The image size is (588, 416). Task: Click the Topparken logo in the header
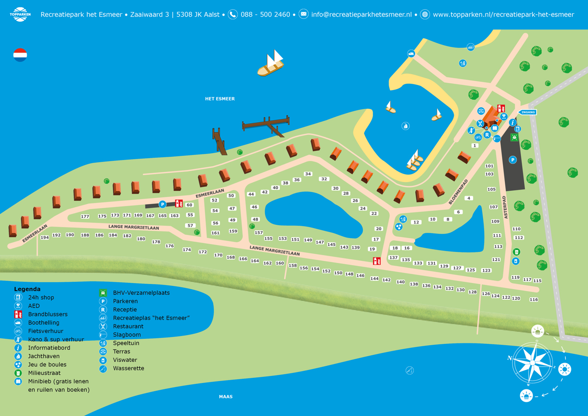pyautogui.click(x=20, y=14)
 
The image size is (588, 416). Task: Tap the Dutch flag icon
pyautogui.click(x=20, y=55)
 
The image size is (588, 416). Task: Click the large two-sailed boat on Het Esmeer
pyautogui.click(x=271, y=64)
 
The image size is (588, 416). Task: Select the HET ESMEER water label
pyautogui.click(x=220, y=99)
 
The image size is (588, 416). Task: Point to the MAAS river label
pyautogui.click(x=226, y=397)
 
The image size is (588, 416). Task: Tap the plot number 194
pyautogui.click(x=45, y=238)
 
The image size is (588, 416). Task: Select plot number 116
pyautogui.click(x=533, y=300)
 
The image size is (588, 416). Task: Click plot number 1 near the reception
pyautogui.click(x=475, y=146)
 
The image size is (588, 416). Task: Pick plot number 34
pyautogui.click(x=308, y=174)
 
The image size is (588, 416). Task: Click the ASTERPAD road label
pyautogui.click(x=505, y=207)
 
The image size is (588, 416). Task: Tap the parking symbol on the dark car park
pyautogui.click(x=513, y=160)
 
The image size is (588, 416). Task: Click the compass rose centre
pyautogui.click(x=532, y=363)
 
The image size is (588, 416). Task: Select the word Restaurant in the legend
pyautogui.click(x=128, y=326)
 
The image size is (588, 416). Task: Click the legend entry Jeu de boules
pyautogui.click(x=47, y=365)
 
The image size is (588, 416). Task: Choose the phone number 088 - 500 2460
pyautogui.click(x=265, y=14)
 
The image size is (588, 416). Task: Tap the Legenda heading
pyautogui.click(x=27, y=289)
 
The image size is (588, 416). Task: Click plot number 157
pyautogui.click(x=259, y=233)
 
